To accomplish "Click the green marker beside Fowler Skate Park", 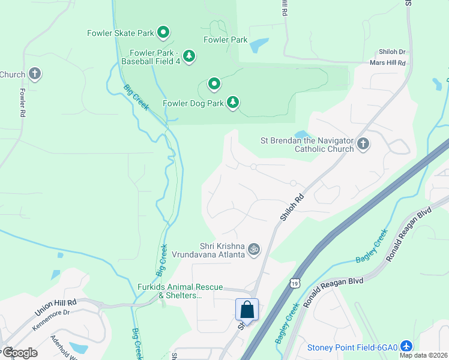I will pos(163,32).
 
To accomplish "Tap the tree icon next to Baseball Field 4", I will pos(189,56).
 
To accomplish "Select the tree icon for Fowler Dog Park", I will pos(233,103).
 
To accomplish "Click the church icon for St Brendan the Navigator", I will pos(363,144).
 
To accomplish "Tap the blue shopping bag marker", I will pos(247,310).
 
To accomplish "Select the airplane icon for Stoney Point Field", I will pos(406,347).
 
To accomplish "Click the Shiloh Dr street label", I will pos(391,52).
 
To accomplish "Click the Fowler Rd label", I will pos(22,103).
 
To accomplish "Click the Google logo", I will pos(19,352).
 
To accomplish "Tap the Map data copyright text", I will pos(423,355).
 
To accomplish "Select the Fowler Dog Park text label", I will pos(193,103).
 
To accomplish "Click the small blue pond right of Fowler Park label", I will pos(259,45).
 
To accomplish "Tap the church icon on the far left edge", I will pos(35,74).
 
